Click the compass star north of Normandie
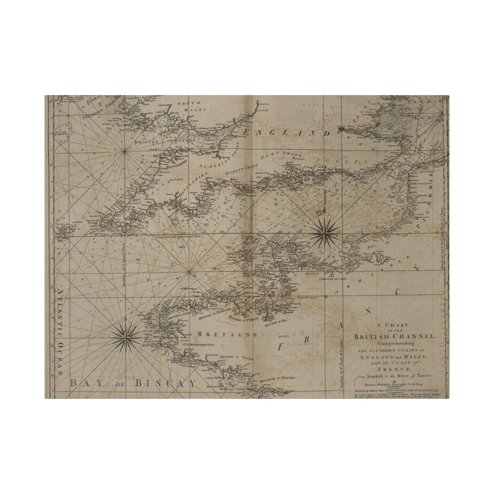click(323, 233)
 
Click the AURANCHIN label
click(307, 298)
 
